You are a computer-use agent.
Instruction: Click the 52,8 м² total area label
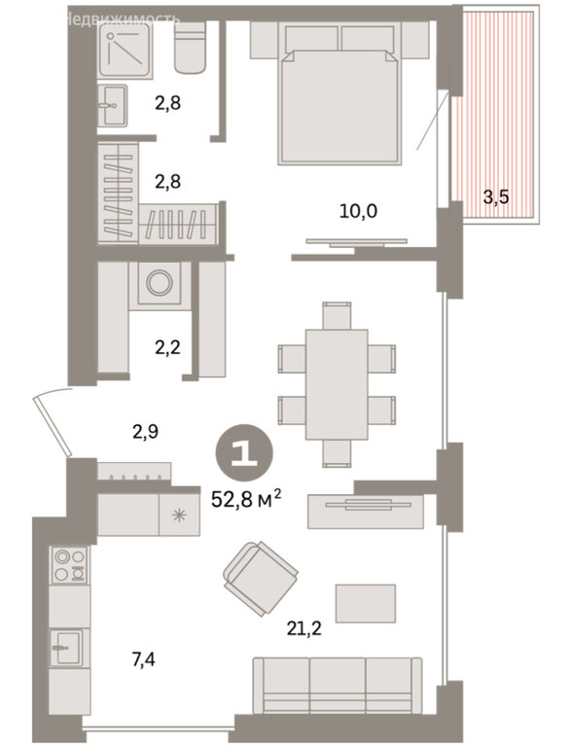click(246, 500)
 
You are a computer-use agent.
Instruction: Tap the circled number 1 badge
click(244, 452)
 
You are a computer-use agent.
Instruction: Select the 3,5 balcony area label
click(496, 196)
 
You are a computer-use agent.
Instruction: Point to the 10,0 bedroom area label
click(358, 210)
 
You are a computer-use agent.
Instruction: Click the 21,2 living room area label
click(304, 628)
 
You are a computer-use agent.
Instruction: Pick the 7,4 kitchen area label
click(143, 659)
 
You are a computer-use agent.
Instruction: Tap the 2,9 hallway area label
click(145, 432)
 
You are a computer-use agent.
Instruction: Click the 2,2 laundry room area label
click(167, 347)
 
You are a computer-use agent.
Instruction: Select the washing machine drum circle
click(160, 283)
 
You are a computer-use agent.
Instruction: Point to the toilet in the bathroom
click(191, 47)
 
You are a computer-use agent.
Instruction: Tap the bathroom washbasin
click(113, 105)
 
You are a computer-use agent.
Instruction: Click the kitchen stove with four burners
click(70, 565)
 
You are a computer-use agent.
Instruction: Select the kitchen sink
click(67, 648)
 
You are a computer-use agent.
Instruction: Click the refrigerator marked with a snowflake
click(179, 515)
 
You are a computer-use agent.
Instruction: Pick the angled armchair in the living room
click(261, 579)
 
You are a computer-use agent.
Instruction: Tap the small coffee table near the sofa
click(366, 603)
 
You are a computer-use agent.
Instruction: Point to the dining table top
click(337, 384)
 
